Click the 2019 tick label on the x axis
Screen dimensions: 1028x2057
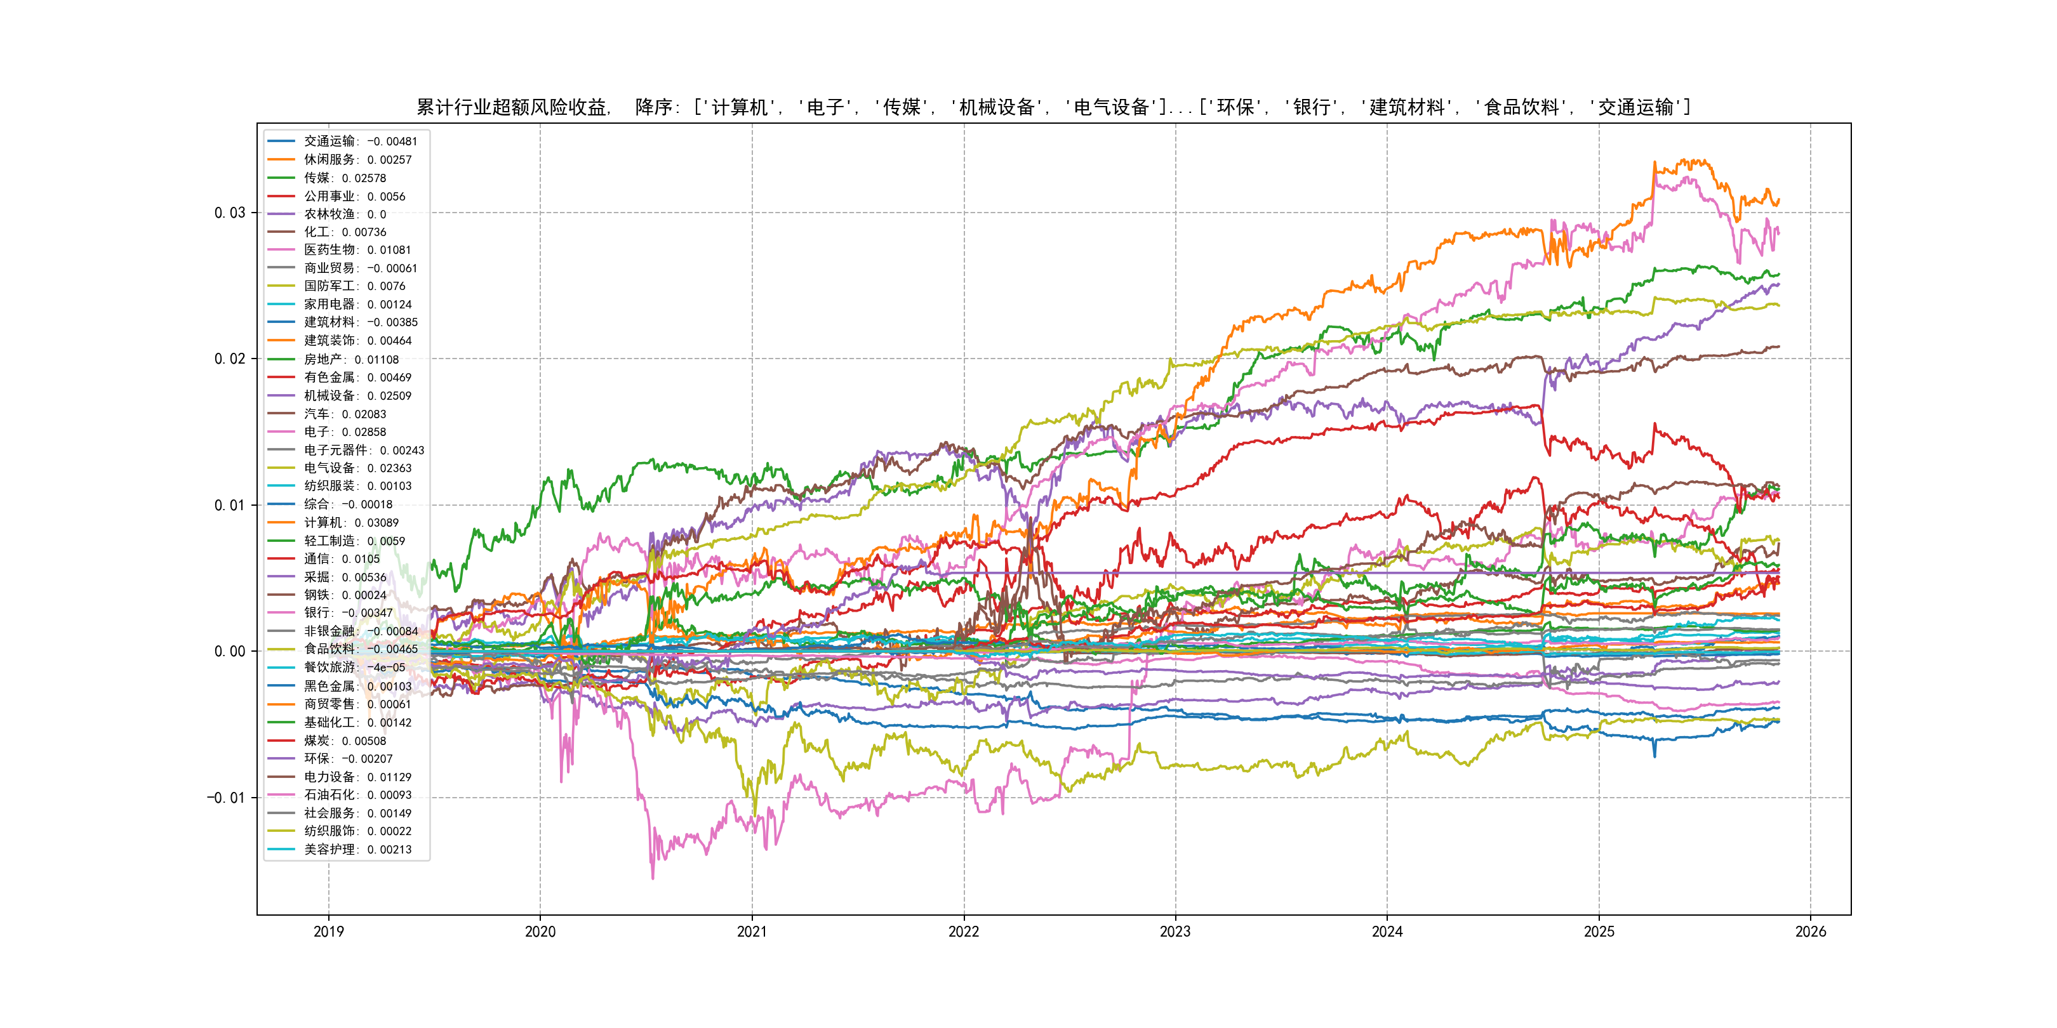328,932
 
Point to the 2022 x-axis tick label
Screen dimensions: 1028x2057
963,932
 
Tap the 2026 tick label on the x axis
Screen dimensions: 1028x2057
1810,932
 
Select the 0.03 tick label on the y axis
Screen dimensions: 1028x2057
229,213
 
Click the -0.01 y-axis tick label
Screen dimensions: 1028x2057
226,798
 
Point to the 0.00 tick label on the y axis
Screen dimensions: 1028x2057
229,651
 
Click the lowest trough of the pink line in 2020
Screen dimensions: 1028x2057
653,879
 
